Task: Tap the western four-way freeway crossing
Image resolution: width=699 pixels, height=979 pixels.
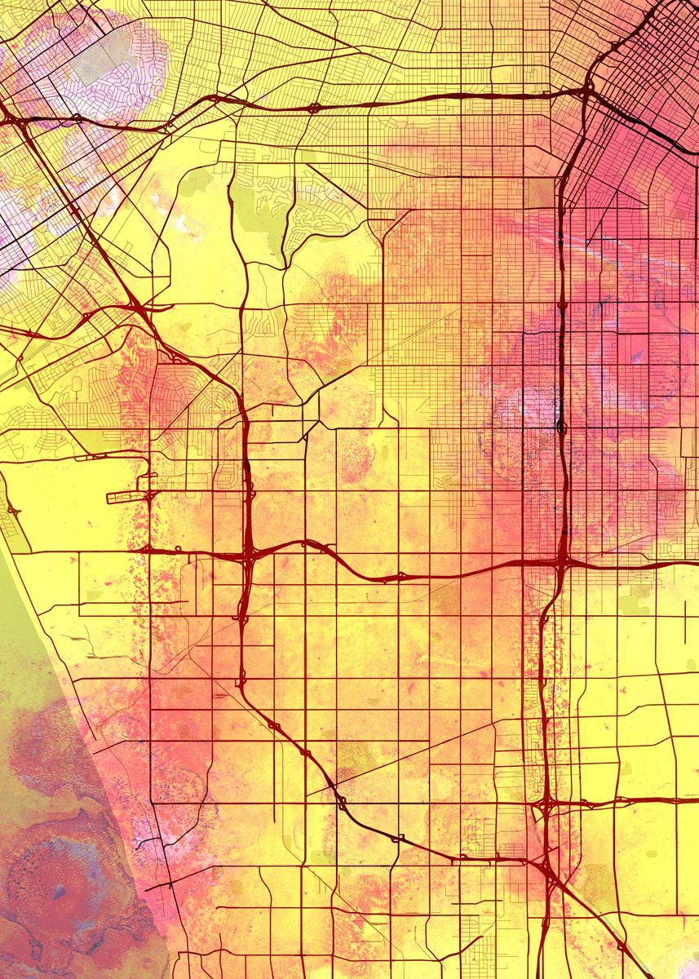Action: pos(247,557)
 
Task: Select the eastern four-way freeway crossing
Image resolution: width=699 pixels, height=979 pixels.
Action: pos(563,562)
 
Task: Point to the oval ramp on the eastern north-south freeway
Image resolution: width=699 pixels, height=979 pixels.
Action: pos(560,426)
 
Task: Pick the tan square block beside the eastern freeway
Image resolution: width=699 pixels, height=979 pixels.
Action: pos(538,193)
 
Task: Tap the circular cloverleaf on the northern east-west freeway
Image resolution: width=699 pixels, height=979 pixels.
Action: pos(313,108)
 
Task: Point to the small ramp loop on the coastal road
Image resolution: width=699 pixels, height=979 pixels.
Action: pos(13,511)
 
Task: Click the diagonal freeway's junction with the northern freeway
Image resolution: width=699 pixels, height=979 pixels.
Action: pos(15,119)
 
